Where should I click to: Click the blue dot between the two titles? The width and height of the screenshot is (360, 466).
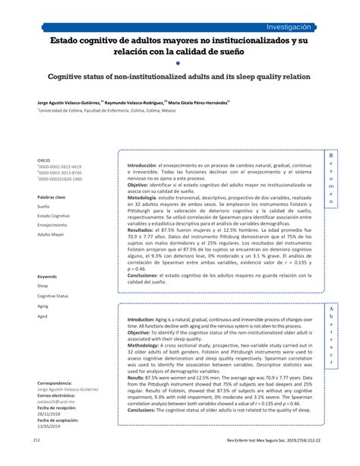coord(180,63)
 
